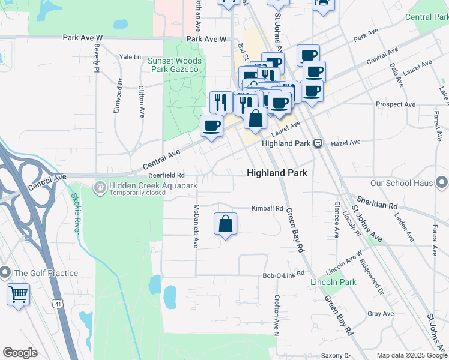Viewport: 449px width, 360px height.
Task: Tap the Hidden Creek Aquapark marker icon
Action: tap(100, 188)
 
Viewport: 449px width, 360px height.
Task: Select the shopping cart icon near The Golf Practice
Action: tap(19, 295)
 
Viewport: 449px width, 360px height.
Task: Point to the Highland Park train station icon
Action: tap(318, 143)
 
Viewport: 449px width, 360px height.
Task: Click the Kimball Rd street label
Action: tap(267, 208)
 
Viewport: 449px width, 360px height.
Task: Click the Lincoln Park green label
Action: tap(333, 282)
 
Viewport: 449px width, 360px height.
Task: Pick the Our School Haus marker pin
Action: tap(442, 182)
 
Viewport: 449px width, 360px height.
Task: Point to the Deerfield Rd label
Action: tap(166, 175)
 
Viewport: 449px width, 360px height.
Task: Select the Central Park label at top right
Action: tap(427, 17)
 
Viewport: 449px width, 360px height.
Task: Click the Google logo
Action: tap(20, 353)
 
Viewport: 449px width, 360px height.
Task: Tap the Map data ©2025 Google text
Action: tap(412, 355)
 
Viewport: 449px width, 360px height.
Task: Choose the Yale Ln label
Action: tap(130, 57)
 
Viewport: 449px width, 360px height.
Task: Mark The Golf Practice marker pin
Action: tap(4, 273)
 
